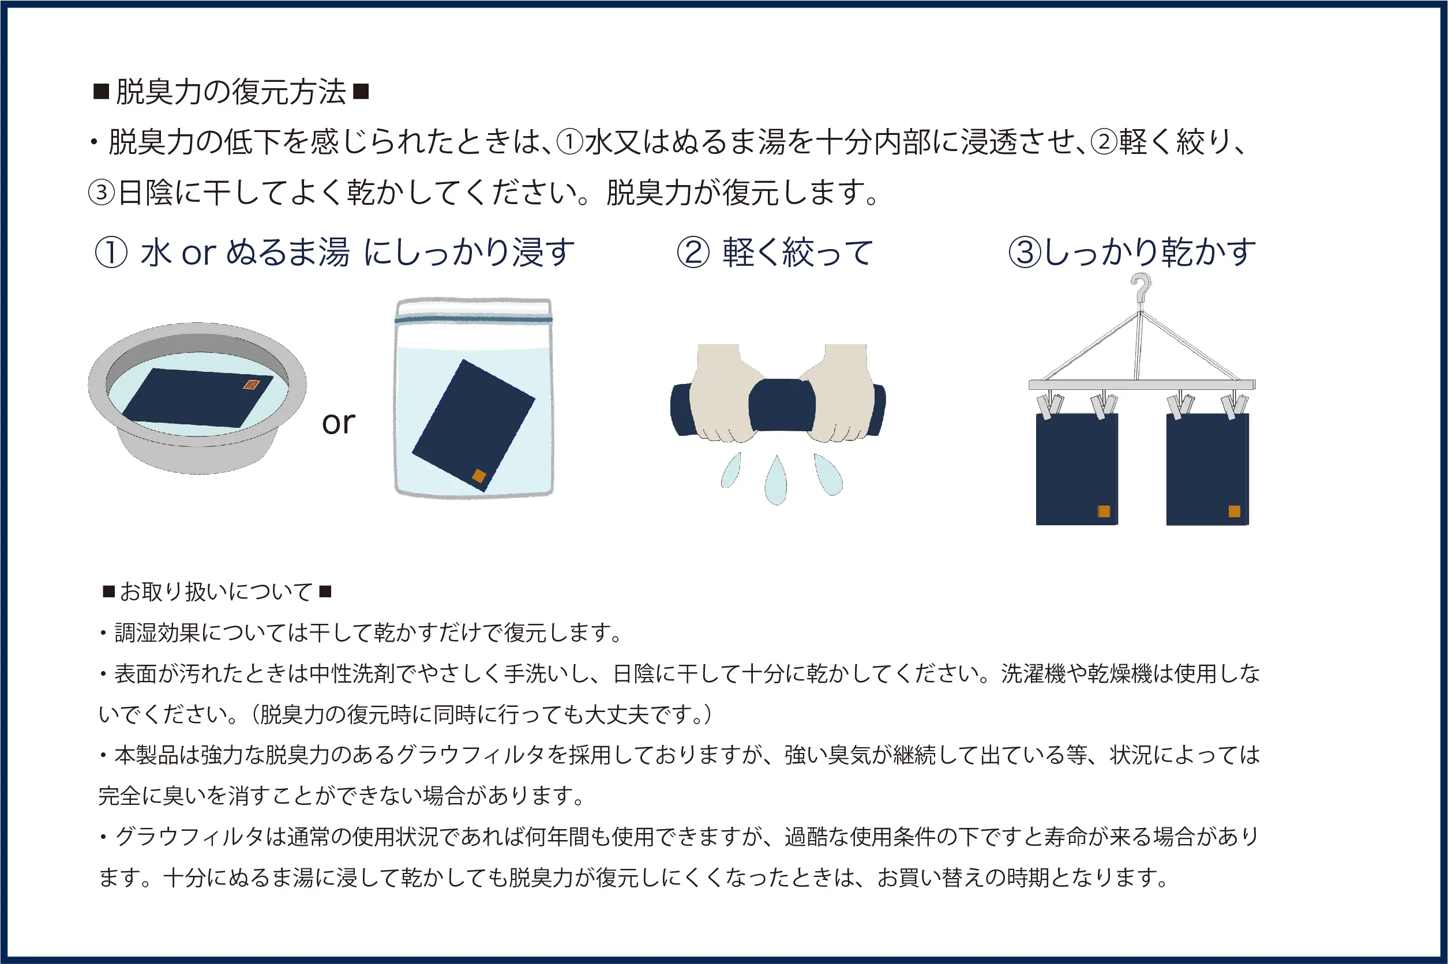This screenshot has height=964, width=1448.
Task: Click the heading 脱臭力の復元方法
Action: pyautogui.click(x=231, y=92)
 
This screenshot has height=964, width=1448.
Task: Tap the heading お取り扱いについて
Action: pyautogui.click(x=217, y=592)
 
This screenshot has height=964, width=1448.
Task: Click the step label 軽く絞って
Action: pyautogui.click(x=798, y=253)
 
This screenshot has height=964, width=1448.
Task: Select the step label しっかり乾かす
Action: pyautogui.click(x=1150, y=252)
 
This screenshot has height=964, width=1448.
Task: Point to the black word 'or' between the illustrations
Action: pyautogui.click(x=338, y=423)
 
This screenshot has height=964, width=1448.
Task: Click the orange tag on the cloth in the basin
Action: pyautogui.click(x=251, y=385)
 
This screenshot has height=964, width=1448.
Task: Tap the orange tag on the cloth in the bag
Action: pyautogui.click(x=479, y=475)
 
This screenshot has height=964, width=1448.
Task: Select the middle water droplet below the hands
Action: pyautogui.click(x=776, y=480)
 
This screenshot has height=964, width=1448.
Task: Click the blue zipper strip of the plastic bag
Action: pyautogui.click(x=473, y=319)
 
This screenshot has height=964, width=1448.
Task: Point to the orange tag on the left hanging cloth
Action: pyautogui.click(x=1104, y=511)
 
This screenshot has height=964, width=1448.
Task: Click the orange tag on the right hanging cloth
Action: pyautogui.click(x=1234, y=511)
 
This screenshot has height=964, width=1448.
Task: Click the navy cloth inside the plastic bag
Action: pyautogui.click(x=473, y=425)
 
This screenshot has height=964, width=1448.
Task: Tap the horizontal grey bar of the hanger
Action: pyautogui.click(x=1142, y=385)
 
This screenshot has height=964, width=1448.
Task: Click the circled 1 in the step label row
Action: pyautogui.click(x=111, y=253)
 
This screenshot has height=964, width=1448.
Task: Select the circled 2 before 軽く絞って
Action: pyautogui.click(x=693, y=253)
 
